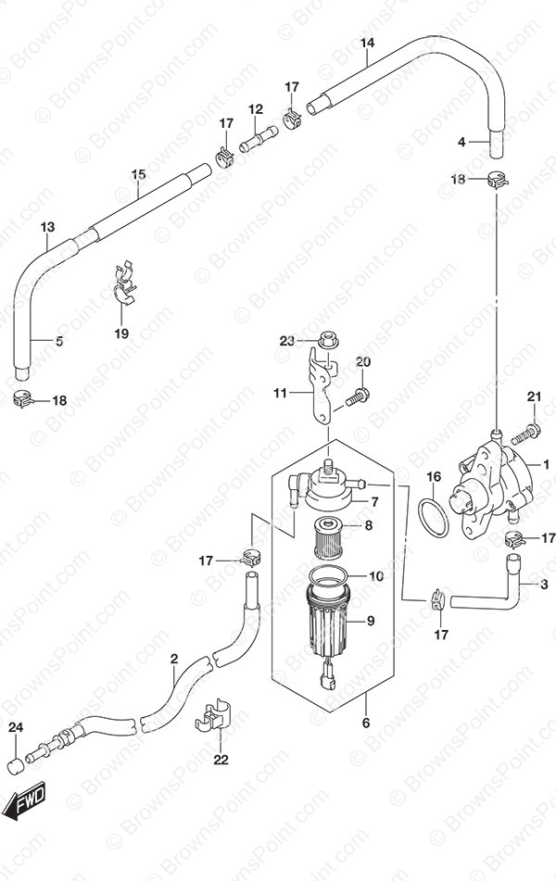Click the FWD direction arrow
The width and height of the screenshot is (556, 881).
(x=24, y=801)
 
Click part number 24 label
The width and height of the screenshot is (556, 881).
(x=16, y=728)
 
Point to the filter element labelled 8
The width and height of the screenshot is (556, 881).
(x=327, y=537)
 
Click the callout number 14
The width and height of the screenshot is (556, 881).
(x=367, y=43)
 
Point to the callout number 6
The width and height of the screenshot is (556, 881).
(x=366, y=724)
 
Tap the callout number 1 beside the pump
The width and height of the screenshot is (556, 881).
(x=545, y=465)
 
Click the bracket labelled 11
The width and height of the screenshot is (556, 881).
(x=321, y=384)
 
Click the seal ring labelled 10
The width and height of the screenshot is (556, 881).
(x=330, y=576)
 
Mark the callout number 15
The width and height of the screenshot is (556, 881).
(x=138, y=174)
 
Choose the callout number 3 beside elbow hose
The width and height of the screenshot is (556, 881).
(x=544, y=585)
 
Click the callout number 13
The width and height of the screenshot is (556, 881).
(x=48, y=227)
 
